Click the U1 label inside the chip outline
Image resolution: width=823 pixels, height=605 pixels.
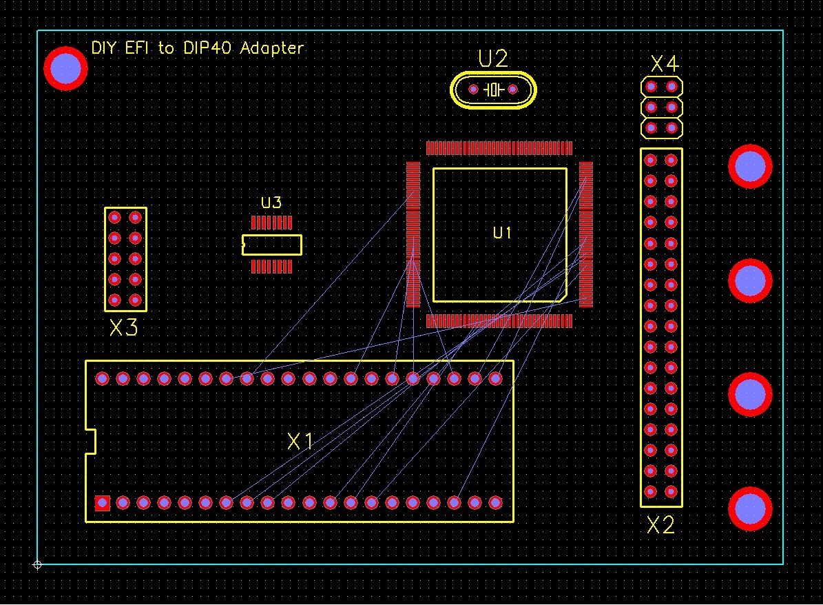(502, 234)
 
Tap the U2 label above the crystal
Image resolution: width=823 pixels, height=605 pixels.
(493, 59)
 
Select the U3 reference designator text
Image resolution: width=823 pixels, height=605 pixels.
(271, 203)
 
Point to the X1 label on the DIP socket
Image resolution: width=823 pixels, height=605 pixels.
(300, 442)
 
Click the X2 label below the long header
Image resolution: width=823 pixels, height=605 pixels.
(660, 526)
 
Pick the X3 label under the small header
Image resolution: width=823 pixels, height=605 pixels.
(124, 328)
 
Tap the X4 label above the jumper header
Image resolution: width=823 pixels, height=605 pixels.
(665, 65)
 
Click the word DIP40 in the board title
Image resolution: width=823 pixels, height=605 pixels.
(206, 48)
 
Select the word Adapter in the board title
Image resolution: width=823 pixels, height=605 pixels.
(271, 49)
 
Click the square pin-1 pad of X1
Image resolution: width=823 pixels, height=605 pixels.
(102, 503)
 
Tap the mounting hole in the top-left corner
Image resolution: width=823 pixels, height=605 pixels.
(65, 68)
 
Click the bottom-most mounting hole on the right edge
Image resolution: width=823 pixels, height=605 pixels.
(750, 509)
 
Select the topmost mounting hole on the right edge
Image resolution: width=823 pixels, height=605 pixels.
(750, 166)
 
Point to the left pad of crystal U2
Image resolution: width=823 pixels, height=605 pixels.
(473, 90)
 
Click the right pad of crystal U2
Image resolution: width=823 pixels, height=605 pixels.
(512, 90)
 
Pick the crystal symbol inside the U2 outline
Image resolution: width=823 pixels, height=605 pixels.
(493, 90)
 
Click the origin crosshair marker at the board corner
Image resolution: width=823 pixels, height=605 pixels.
(37, 565)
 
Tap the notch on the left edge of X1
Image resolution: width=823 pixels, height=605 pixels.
(90, 441)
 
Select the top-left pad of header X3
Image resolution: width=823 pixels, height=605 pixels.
(114, 218)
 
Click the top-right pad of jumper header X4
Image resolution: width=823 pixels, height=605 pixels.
(671, 87)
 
